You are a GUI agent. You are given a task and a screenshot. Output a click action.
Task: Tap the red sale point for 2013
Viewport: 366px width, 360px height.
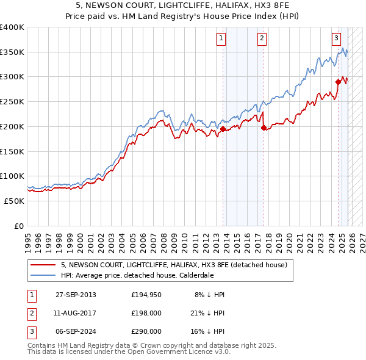(223, 129)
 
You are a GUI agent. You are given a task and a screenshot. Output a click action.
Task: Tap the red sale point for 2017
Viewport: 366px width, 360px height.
(264, 128)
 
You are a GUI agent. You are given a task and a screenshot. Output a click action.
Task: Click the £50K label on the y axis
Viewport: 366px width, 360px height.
(13, 201)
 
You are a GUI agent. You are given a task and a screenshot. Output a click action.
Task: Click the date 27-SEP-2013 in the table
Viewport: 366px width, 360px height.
(76, 295)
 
